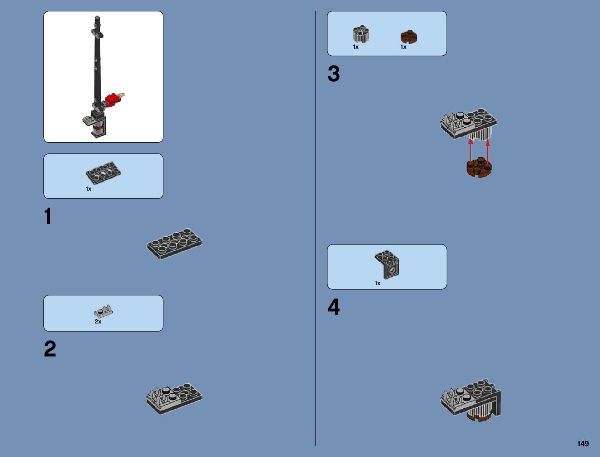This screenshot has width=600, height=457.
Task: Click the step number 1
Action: tap(48, 216)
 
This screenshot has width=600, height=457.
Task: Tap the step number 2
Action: tap(50, 349)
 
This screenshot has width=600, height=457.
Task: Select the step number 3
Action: tap(334, 74)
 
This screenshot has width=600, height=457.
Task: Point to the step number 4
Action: tap(334, 307)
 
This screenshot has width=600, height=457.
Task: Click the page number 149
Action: tap(583, 444)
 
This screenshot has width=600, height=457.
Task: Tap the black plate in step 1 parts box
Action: tap(103, 172)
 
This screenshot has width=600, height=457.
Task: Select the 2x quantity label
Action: tap(98, 322)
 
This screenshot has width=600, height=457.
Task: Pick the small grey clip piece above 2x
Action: tap(104, 311)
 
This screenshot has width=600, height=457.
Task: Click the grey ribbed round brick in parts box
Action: tap(361, 34)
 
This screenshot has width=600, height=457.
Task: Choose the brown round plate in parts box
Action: tap(409, 37)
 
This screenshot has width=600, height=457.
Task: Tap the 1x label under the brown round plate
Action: tap(403, 47)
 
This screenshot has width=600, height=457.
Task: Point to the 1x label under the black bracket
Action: tap(378, 283)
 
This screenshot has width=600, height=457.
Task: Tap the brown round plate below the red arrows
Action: tap(479, 168)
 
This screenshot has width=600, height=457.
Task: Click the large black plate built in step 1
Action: tap(174, 244)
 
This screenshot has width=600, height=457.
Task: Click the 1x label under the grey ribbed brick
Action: tap(356, 47)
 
